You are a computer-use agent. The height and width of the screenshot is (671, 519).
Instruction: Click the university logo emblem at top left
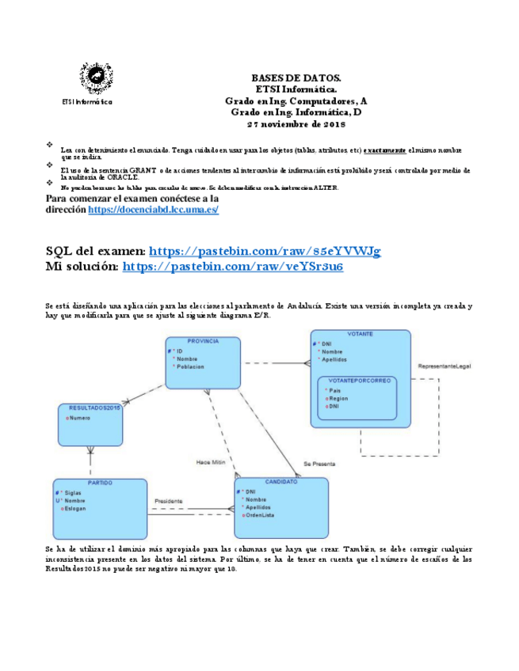click(96, 78)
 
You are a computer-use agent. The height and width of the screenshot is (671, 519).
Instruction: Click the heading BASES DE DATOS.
click(296, 78)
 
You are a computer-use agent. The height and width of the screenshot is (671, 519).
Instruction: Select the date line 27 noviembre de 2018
click(296, 124)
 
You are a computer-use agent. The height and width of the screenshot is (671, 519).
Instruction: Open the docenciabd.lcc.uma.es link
click(153, 210)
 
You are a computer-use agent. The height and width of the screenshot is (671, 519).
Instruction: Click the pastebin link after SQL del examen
click(265, 251)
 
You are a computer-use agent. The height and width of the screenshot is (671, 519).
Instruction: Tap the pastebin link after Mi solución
click(233, 267)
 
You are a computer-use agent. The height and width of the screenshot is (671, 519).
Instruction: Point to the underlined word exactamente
click(385, 149)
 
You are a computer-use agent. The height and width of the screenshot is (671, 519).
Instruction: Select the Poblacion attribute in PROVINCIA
click(190, 367)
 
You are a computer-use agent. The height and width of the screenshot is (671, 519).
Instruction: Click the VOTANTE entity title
click(361, 334)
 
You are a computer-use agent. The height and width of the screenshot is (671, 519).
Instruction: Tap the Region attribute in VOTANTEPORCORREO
click(338, 399)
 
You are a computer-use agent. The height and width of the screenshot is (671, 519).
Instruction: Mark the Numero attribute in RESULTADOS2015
click(80, 417)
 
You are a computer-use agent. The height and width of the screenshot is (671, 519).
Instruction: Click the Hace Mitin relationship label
click(212, 461)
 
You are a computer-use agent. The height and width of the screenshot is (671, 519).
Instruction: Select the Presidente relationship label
click(168, 501)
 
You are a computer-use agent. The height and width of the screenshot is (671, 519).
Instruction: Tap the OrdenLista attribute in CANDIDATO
click(261, 516)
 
